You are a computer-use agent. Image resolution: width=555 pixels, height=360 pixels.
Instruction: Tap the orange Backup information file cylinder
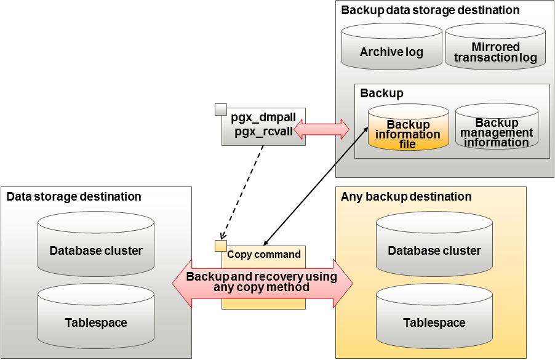click(408, 129)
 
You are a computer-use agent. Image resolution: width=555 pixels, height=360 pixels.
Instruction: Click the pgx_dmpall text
click(263, 118)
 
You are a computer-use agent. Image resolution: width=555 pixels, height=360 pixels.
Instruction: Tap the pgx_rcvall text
click(263, 131)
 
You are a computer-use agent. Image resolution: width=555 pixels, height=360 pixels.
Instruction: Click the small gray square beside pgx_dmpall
click(221, 110)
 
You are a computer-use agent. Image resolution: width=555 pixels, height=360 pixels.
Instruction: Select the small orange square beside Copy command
click(220, 246)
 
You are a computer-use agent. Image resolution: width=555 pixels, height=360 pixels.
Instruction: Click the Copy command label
click(264, 254)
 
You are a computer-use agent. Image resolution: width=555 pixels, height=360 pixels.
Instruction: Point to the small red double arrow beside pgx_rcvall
click(321, 129)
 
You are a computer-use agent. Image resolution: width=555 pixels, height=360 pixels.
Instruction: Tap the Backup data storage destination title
click(430, 10)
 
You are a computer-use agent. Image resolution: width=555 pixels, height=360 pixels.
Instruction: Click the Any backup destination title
click(406, 197)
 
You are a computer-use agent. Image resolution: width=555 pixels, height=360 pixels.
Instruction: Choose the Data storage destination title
click(74, 197)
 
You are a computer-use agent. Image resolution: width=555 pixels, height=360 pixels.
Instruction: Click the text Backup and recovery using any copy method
click(262, 282)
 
